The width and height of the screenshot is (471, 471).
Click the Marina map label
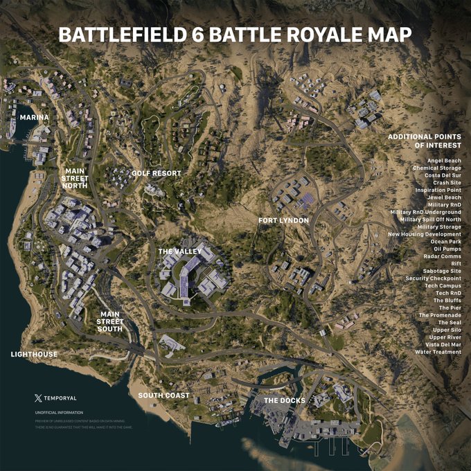(35, 117)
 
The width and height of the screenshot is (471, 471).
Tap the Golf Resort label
(156, 173)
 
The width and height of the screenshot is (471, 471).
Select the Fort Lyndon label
(283, 220)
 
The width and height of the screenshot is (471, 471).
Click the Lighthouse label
(34, 354)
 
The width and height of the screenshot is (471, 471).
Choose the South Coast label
(163, 396)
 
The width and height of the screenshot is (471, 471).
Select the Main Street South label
(110, 321)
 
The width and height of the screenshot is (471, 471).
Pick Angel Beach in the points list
(444, 161)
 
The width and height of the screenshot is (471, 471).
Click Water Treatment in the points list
(438, 352)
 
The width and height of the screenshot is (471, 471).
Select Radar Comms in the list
(442, 256)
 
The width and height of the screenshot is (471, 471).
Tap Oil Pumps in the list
(447, 248)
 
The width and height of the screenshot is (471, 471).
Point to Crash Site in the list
(445, 183)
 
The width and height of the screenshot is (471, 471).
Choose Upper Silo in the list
(447, 330)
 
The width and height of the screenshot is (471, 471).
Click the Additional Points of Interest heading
(424, 141)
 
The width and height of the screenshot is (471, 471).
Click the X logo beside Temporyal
(37, 398)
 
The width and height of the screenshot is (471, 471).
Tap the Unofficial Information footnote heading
(59, 413)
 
